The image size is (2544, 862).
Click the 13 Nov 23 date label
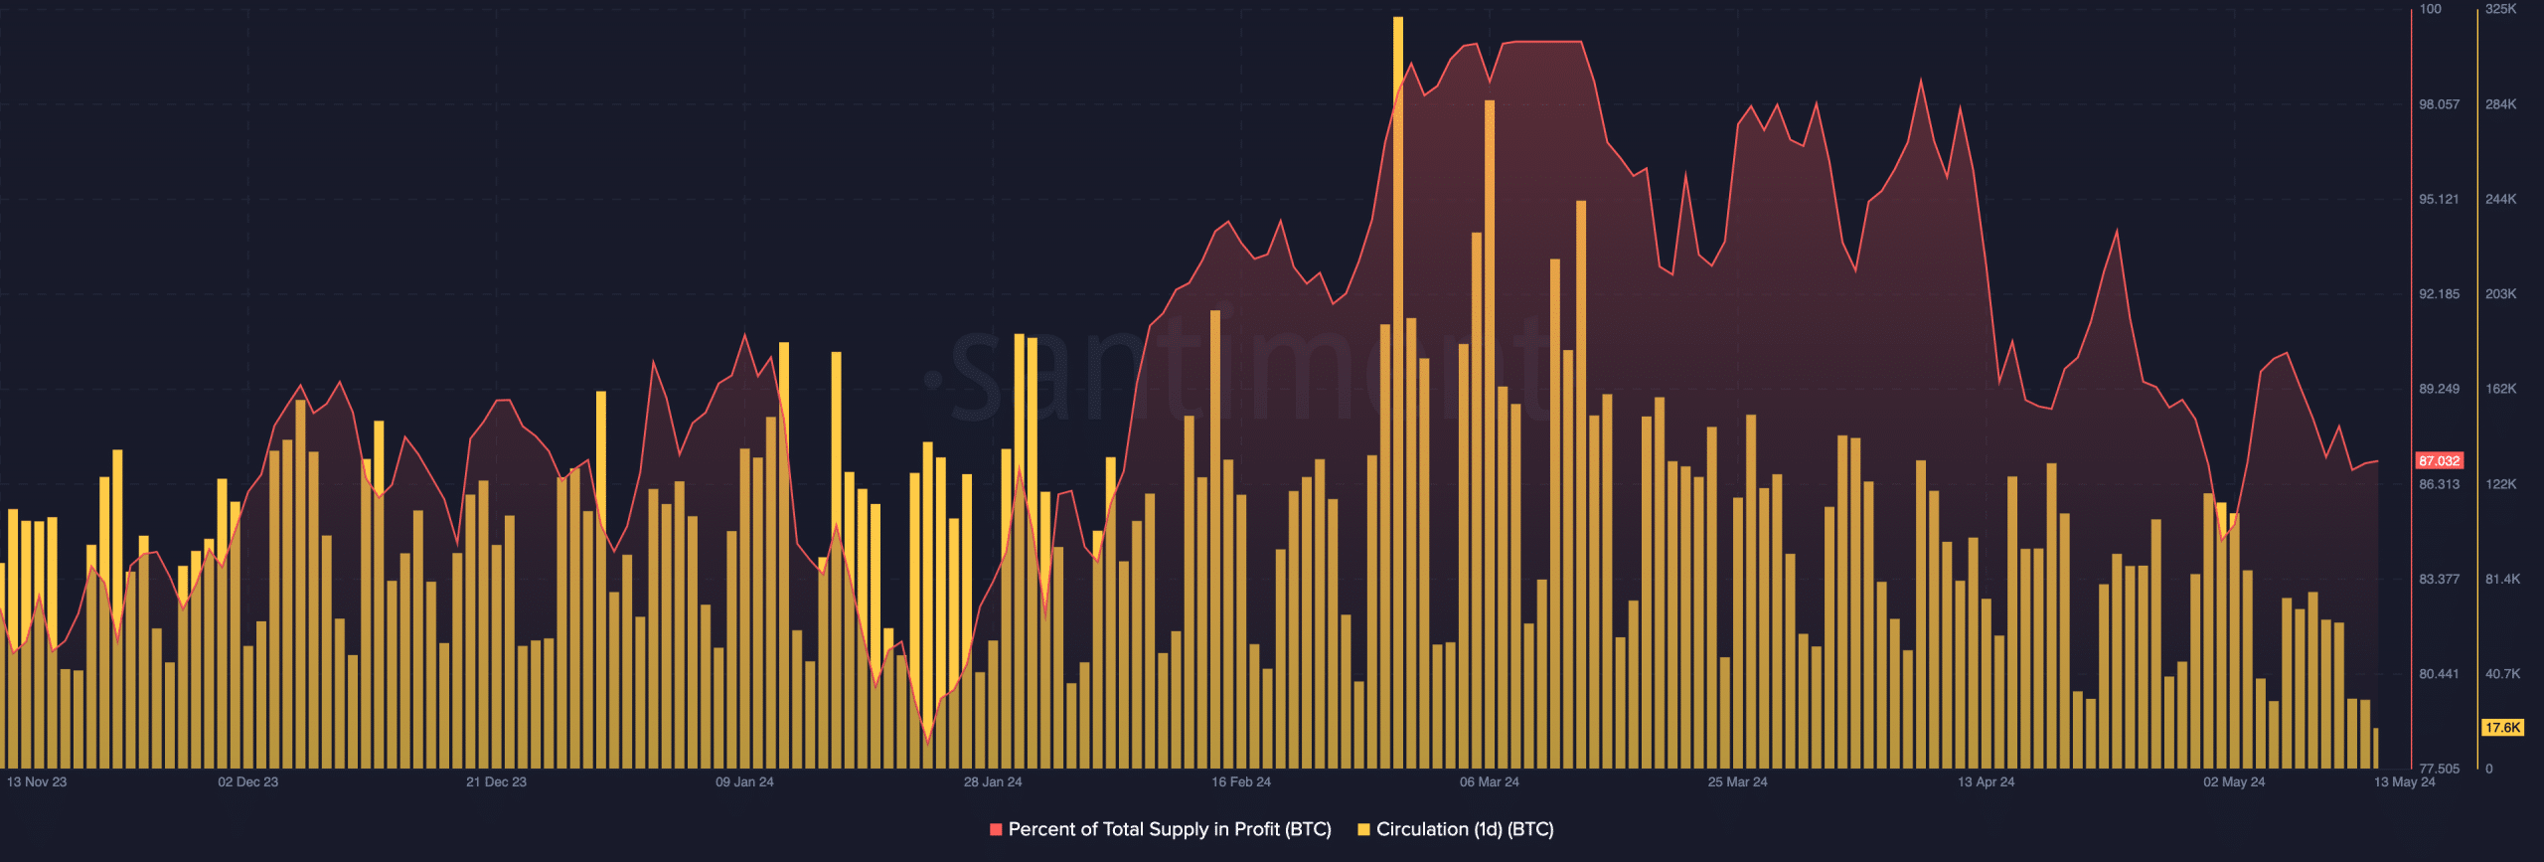pos(37,782)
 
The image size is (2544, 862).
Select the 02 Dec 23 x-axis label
pos(248,782)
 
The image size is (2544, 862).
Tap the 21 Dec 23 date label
pos(496,782)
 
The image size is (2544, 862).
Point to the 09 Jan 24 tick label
pos(744,782)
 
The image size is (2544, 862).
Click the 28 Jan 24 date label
pos(993,782)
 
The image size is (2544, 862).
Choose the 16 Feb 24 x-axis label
pos(1241,782)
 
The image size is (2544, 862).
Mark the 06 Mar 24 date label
pos(1489,782)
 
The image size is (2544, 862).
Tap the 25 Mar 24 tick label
pos(1737,782)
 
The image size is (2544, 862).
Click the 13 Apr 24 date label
pos(1986,782)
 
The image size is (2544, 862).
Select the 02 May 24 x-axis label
pos(2234,782)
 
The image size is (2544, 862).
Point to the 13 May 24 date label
pos(2404,782)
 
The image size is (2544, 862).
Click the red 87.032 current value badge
pos(2439,461)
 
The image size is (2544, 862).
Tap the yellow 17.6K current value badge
pos(2502,728)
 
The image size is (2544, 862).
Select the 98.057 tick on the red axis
pos(2439,104)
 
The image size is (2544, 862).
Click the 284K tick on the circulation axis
pos(2500,104)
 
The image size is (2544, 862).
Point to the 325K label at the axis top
pos(2500,9)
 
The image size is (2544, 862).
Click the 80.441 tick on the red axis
pos(2439,674)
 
